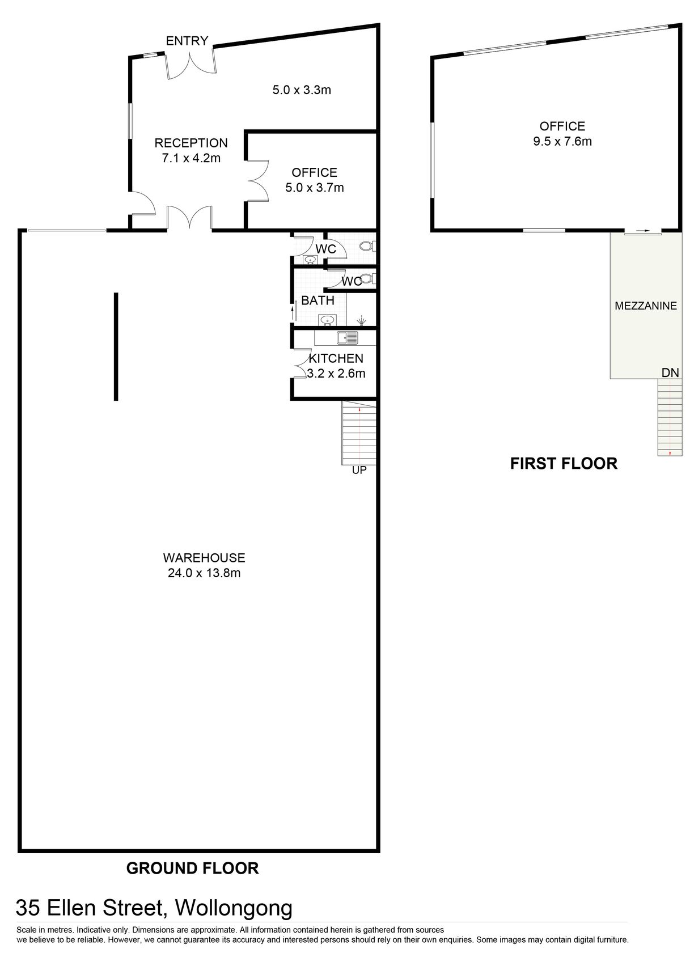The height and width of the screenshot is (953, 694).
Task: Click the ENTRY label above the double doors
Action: click(187, 41)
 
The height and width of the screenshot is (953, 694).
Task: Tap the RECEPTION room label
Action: click(191, 143)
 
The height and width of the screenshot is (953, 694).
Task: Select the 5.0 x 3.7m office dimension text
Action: click(315, 188)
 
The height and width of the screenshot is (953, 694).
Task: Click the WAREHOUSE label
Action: click(204, 558)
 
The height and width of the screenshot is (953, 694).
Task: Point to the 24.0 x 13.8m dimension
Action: click(204, 573)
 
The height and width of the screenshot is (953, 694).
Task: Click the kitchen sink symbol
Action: click(348, 338)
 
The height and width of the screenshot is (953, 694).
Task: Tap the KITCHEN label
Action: click(336, 358)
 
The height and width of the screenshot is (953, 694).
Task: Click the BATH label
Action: click(318, 300)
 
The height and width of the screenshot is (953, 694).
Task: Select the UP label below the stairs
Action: click(359, 470)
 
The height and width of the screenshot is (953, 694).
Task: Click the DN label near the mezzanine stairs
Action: click(670, 372)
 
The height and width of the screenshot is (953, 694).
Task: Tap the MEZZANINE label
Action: click(646, 306)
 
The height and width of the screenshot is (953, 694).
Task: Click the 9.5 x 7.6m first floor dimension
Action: click(562, 142)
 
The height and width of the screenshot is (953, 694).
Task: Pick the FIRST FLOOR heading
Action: click(563, 464)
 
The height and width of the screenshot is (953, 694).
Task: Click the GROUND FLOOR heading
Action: click(192, 868)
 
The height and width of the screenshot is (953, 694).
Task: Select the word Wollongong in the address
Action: click(234, 908)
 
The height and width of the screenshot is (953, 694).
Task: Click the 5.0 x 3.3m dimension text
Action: click(302, 90)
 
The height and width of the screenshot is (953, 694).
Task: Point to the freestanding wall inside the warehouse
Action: click(116, 346)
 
